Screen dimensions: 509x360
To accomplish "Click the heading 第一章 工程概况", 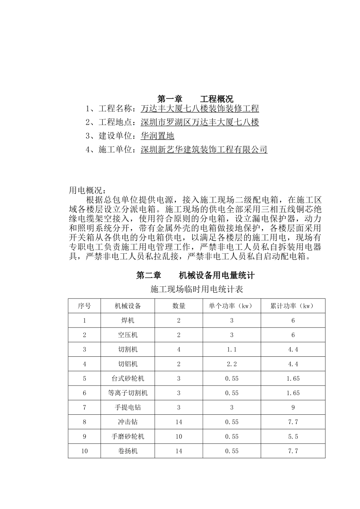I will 195,99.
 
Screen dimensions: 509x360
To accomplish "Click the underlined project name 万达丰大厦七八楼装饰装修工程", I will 200,109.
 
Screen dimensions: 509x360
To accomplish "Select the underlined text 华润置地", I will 157,136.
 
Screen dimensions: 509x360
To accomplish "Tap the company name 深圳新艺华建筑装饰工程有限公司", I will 204,150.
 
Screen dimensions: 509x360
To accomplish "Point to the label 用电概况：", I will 88,190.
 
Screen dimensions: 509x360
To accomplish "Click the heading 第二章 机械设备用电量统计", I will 195,275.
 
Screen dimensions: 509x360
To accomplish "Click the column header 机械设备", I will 128,306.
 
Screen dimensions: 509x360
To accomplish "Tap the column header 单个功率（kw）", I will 232,306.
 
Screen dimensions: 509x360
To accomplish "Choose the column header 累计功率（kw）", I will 293,306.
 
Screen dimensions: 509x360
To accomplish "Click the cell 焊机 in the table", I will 128,320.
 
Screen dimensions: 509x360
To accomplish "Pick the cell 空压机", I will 128,335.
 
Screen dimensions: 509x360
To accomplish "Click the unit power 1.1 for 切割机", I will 232,350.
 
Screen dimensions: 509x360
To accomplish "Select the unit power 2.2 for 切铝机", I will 232,364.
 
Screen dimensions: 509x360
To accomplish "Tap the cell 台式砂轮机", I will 128,378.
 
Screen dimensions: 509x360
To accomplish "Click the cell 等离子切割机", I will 128,393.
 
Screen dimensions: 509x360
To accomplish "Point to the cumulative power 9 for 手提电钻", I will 293,408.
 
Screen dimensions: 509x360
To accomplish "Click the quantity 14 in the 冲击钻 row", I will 179,422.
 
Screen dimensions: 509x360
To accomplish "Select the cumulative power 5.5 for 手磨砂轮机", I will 293,437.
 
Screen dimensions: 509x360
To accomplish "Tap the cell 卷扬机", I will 128,451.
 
